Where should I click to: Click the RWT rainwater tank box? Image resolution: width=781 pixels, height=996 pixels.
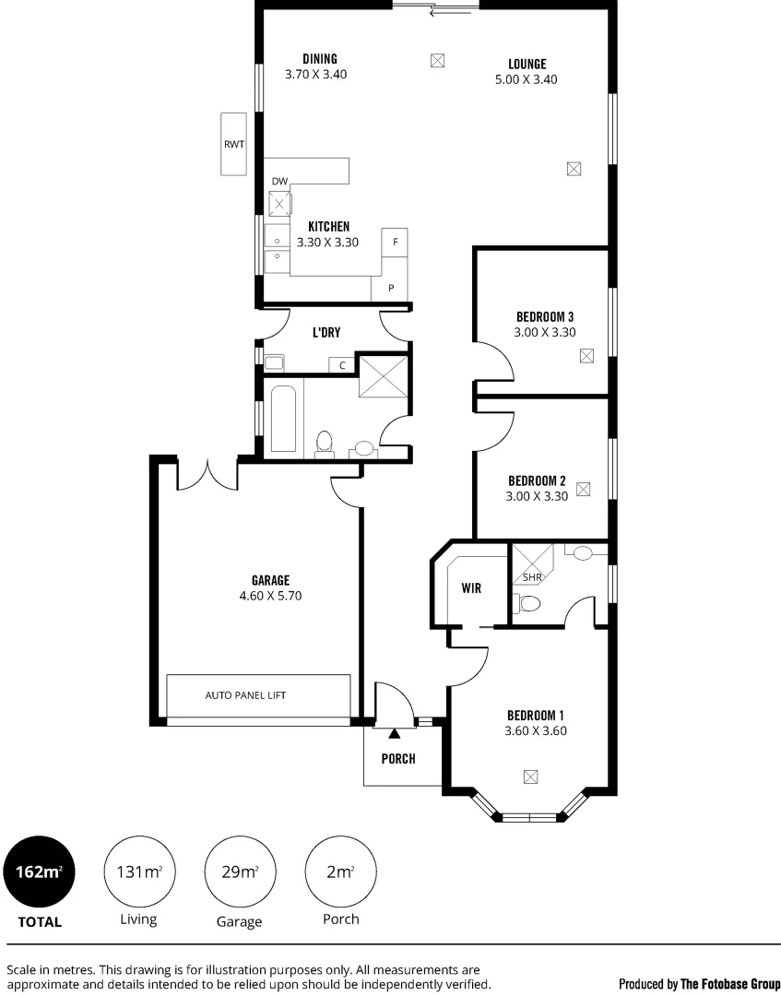point(233,144)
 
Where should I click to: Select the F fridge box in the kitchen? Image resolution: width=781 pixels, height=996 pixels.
point(395,242)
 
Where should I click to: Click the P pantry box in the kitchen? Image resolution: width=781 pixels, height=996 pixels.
point(390,288)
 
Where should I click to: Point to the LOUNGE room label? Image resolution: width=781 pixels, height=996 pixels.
point(527,65)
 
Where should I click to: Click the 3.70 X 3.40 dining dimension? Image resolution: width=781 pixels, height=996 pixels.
point(315,75)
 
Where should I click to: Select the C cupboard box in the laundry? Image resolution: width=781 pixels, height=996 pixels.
point(342,365)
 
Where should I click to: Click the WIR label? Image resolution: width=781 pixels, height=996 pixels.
point(470,587)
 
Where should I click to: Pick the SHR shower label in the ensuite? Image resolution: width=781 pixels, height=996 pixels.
point(532,577)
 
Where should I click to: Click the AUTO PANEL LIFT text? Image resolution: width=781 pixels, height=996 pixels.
point(245,695)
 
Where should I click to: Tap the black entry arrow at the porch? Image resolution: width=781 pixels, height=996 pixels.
point(395,733)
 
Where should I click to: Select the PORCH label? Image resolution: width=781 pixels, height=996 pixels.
point(398,759)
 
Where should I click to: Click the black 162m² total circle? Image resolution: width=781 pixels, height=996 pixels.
point(37,871)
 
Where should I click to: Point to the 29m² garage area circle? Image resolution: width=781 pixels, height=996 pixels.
point(238,871)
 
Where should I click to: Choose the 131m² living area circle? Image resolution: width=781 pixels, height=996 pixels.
point(138,871)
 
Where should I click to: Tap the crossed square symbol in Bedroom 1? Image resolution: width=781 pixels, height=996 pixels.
point(530,777)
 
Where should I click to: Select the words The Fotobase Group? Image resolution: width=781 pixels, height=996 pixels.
point(730,984)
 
